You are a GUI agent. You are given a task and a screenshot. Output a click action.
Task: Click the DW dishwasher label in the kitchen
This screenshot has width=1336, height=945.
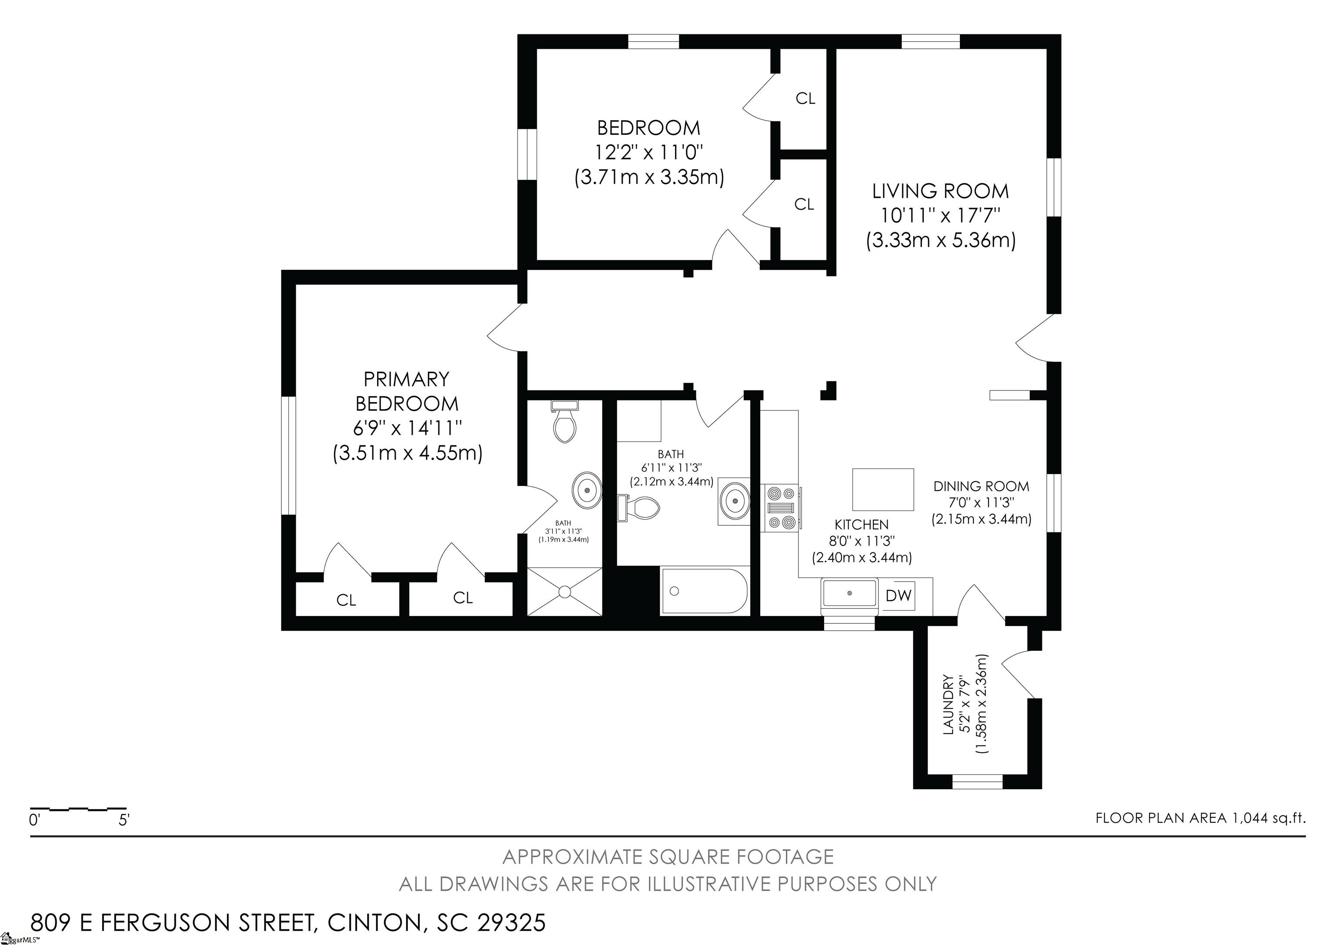tap(898, 595)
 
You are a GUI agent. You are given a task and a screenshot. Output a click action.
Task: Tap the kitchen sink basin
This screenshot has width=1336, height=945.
tap(849, 593)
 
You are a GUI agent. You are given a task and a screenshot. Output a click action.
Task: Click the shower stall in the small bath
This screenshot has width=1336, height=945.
tap(564, 591)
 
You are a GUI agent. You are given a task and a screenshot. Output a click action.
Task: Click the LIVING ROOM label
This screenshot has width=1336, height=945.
tap(940, 191)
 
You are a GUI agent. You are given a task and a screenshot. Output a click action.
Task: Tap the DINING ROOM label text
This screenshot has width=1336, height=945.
tap(981, 486)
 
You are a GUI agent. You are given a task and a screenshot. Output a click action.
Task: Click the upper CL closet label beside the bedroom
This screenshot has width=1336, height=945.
tap(805, 99)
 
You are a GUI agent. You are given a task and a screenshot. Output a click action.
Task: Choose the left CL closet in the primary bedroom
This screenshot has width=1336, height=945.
tap(346, 600)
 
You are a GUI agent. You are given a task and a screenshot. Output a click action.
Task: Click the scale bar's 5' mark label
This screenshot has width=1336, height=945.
tap(124, 821)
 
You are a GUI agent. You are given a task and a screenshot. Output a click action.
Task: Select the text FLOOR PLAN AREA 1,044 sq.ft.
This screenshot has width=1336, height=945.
tap(1200, 818)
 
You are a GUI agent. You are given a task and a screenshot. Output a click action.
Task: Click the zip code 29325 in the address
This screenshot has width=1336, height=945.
tap(511, 922)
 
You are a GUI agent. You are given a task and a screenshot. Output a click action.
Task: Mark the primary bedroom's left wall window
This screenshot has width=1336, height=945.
tap(289, 455)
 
